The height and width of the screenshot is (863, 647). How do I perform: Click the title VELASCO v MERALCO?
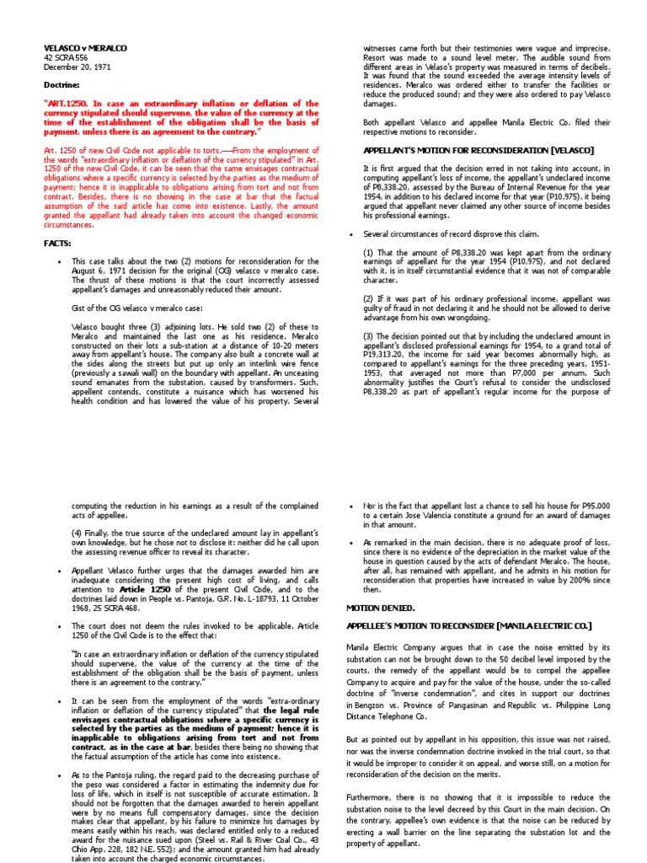click(84, 49)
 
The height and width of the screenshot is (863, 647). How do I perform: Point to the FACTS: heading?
click(57, 243)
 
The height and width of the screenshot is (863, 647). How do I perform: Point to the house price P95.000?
click(604, 505)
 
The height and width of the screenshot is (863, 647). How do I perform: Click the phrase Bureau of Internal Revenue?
click(496, 196)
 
